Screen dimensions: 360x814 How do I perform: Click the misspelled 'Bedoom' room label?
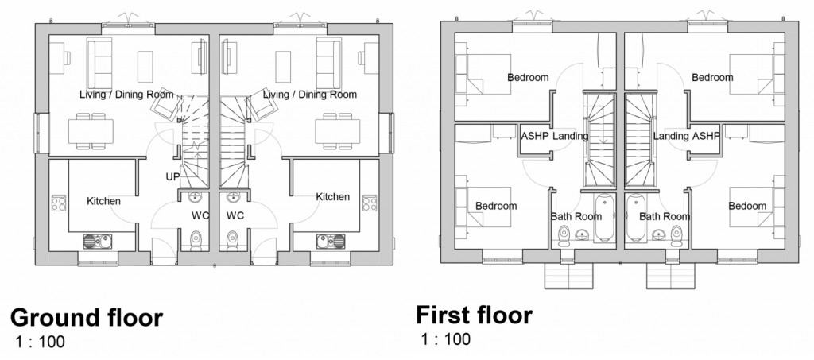tap(747, 206)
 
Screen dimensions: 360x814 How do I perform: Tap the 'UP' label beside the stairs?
tap(172, 176)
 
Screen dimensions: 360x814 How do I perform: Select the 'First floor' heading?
tap(474, 315)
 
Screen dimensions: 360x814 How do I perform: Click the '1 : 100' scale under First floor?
tap(446, 339)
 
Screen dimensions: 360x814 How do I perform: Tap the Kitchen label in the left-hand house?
tap(103, 200)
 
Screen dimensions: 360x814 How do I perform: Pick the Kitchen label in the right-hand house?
tap(333, 197)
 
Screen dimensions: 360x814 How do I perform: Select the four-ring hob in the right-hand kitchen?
tap(369, 203)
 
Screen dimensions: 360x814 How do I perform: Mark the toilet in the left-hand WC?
tap(196, 238)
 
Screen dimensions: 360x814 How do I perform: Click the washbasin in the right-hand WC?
tap(234, 197)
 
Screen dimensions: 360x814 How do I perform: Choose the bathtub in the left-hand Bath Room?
tap(604, 216)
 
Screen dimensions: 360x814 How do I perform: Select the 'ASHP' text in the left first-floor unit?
tap(534, 136)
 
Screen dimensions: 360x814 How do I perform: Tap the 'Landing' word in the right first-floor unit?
tap(669, 136)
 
